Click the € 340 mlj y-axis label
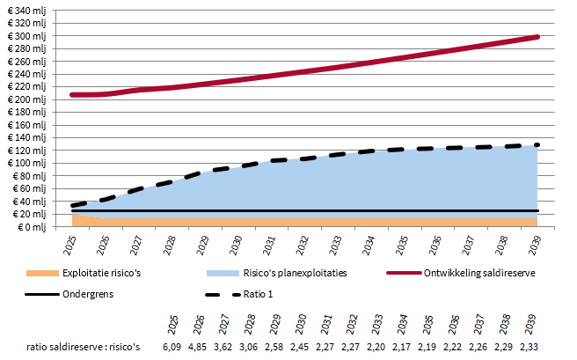point(26,11)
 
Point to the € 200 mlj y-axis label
point(26,100)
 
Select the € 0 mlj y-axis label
point(32,227)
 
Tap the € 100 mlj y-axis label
point(26,164)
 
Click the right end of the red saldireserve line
point(537,37)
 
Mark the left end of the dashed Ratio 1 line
point(73,205)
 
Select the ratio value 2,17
point(403,349)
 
